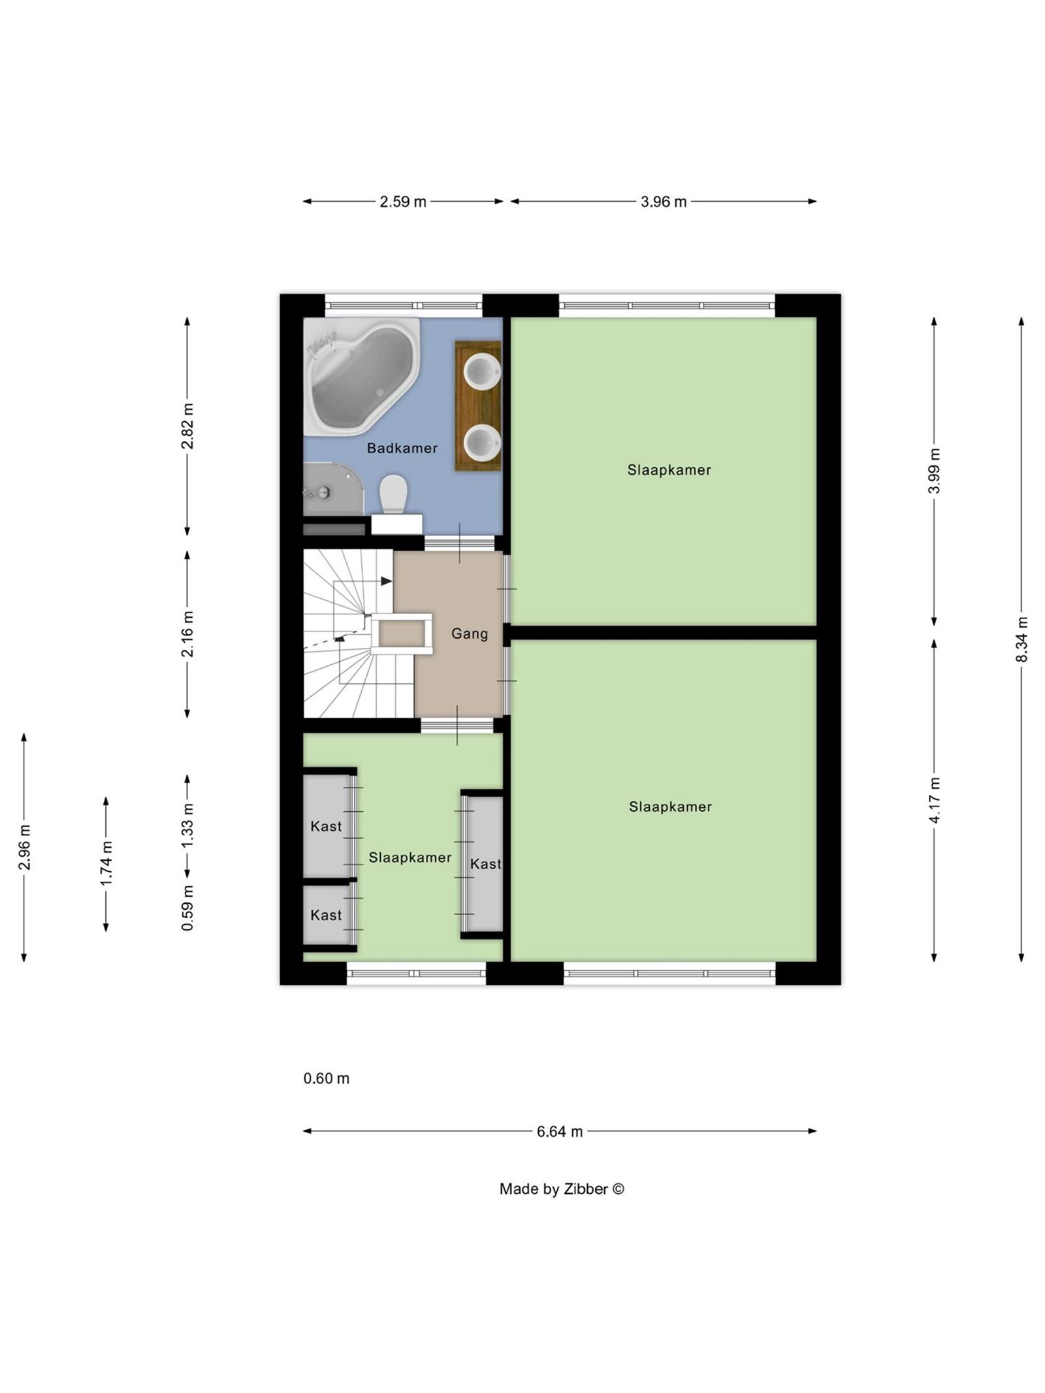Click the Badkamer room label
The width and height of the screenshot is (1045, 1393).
point(402,448)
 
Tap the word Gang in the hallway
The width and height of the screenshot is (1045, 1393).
point(470,633)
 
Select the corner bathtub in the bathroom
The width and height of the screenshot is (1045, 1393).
point(362,376)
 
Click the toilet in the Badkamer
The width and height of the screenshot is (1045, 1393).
point(393,493)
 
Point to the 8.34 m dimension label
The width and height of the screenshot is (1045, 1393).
point(1021,639)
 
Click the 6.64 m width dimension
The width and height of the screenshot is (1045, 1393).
point(560,1131)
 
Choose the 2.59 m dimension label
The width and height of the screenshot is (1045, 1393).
point(403,201)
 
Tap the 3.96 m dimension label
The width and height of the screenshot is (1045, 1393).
point(664,201)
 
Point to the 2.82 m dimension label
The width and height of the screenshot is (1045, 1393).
point(187,426)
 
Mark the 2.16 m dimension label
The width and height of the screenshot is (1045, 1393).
point(187,633)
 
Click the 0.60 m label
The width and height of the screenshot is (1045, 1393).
point(327,1078)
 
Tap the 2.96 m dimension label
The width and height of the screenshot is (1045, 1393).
point(24,847)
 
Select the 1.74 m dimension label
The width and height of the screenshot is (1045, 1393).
point(106,863)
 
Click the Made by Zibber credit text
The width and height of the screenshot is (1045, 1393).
point(562,1189)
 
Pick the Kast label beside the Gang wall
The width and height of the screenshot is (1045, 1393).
point(486,864)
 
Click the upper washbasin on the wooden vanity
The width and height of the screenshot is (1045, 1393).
point(482,370)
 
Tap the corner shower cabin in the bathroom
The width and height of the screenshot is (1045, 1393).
point(333,490)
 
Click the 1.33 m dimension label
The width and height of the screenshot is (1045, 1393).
point(187,825)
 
